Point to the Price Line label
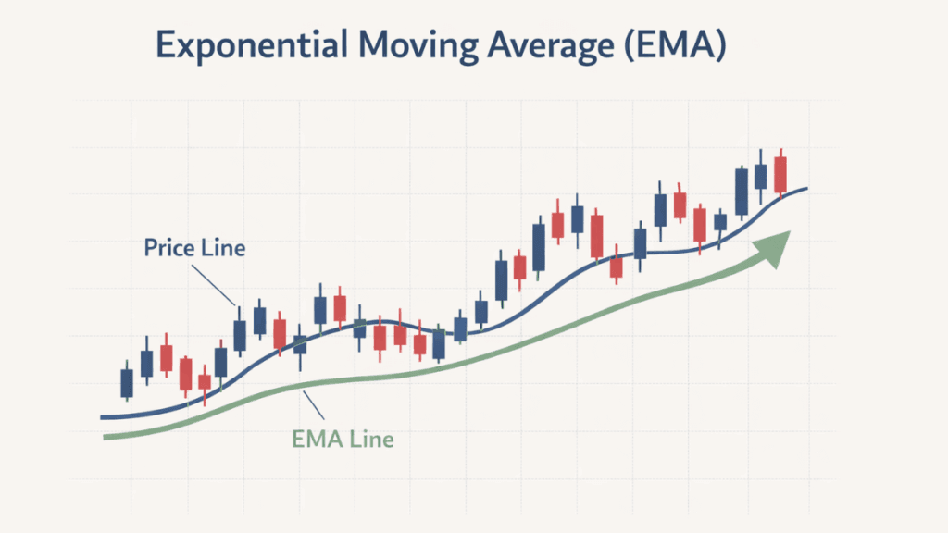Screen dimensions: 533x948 click(x=194, y=248)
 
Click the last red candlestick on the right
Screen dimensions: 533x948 click(x=780, y=174)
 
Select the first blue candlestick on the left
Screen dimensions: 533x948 click(x=127, y=381)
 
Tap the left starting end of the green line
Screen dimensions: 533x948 click(x=106, y=437)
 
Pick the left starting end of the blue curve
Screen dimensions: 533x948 click(x=102, y=417)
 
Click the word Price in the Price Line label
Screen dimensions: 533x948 click(x=169, y=248)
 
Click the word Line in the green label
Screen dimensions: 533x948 click(x=373, y=439)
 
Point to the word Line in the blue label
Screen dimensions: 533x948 click(x=225, y=248)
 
